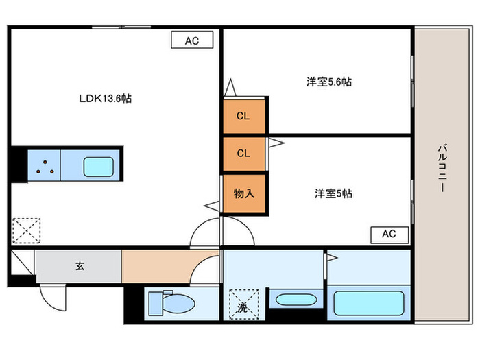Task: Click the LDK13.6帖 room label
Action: (x=104, y=99)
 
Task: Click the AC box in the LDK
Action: (x=191, y=40)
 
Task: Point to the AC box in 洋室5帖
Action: (x=389, y=234)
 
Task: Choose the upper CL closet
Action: (x=243, y=116)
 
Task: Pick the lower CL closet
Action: (x=243, y=154)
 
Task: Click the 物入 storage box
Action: (x=243, y=193)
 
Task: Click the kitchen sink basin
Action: (x=99, y=167)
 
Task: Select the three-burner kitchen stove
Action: (x=45, y=167)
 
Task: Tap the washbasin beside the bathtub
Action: (x=294, y=300)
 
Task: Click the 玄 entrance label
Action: (x=79, y=265)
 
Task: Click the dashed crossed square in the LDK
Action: (x=26, y=230)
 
